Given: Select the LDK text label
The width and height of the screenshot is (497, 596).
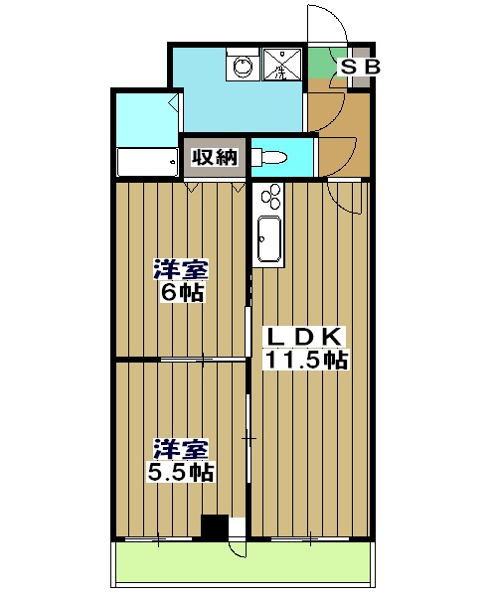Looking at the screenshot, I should (303, 337).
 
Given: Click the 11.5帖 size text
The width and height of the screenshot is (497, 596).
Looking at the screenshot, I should (304, 360).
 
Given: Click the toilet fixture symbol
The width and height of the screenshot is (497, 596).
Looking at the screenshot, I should (271, 157).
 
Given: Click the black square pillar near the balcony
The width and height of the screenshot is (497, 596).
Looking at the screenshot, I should (214, 526).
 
